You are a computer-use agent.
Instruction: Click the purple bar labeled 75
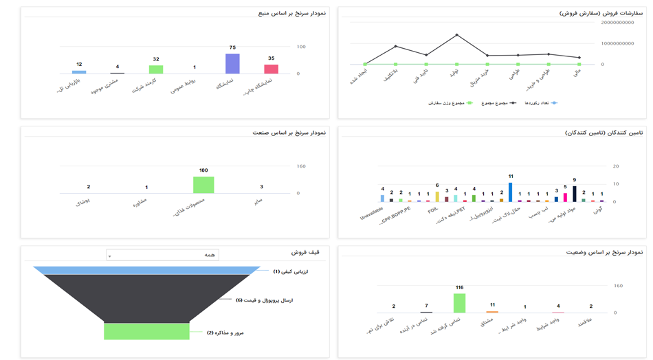click(x=232, y=63)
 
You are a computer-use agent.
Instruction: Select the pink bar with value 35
click(x=271, y=69)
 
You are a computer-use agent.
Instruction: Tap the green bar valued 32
click(x=156, y=69)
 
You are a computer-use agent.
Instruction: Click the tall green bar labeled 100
click(x=203, y=185)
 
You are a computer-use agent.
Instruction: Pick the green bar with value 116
click(x=459, y=303)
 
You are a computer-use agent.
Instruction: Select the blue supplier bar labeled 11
click(x=510, y=192)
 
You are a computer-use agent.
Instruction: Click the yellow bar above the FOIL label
click(x=436, y=196)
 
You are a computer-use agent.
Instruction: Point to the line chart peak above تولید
click(x=456, y=35)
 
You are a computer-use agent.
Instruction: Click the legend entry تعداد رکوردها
click(x=536, y=103)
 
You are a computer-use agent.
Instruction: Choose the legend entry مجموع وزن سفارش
click(x=450, y=103)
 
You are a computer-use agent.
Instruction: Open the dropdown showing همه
click(x=162, y=255)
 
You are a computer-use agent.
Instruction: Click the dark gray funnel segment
click(x=146, y=297)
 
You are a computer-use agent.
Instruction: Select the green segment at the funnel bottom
click(x=146, y=331)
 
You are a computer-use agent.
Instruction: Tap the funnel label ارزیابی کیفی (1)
click(x=290, y=271)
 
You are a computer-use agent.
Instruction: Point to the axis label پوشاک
click(x=80, y=203)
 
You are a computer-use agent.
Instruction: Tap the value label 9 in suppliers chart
click(x=574, y=180)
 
